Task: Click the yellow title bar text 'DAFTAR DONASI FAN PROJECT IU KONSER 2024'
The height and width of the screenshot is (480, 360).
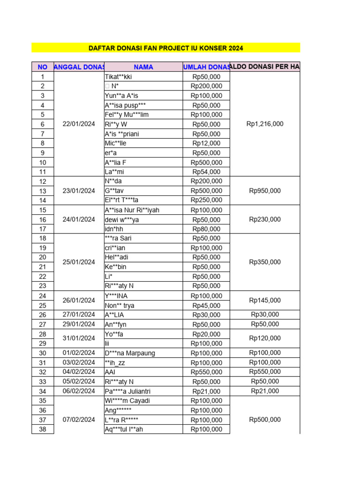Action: (166, 48)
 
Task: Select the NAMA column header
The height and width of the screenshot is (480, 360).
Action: (143, 67)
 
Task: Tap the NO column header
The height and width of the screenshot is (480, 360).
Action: (43, 67)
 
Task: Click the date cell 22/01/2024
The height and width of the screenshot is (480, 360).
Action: (79, 124)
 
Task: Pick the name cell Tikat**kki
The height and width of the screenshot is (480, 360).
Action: (119, 77)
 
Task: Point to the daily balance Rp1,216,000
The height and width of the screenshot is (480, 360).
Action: (265, 124)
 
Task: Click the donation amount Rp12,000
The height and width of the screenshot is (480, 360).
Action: (206, 143)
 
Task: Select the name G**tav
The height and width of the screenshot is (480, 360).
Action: (114, 191)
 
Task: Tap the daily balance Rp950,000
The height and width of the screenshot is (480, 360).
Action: (265, 191)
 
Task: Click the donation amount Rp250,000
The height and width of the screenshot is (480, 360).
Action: (206, 200)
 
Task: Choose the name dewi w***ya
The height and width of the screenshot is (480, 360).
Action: (122, 219)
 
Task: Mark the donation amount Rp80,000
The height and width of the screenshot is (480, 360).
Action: (206, 229)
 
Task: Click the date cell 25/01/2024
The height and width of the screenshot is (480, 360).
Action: (79, 262)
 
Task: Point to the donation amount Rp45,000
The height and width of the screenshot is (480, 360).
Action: (206, 305)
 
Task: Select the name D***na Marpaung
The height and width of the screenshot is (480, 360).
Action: (130, 353)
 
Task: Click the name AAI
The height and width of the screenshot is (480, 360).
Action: (110, 372)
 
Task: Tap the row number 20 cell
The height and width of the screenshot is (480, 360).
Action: (43, 257)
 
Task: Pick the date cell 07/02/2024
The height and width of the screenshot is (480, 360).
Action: (79, 420)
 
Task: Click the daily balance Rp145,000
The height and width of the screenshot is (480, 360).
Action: (265, 300)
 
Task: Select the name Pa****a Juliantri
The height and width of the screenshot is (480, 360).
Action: (127, 391)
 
